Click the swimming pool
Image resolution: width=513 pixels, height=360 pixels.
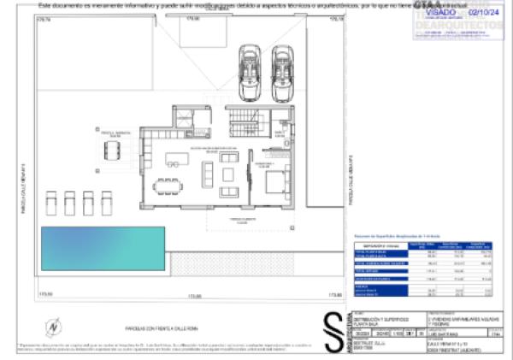click(x=102, y=245)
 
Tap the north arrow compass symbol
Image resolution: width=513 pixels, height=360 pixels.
click(x=54, y=326)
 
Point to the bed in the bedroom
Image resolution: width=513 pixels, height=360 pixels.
click(x=276, y=182)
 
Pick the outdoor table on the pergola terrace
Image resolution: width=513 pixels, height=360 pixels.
click(x=113, y=150)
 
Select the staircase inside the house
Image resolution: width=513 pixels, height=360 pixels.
click(x=245, y=118)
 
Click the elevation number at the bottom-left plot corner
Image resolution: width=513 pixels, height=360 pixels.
click(x=45, y=295)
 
